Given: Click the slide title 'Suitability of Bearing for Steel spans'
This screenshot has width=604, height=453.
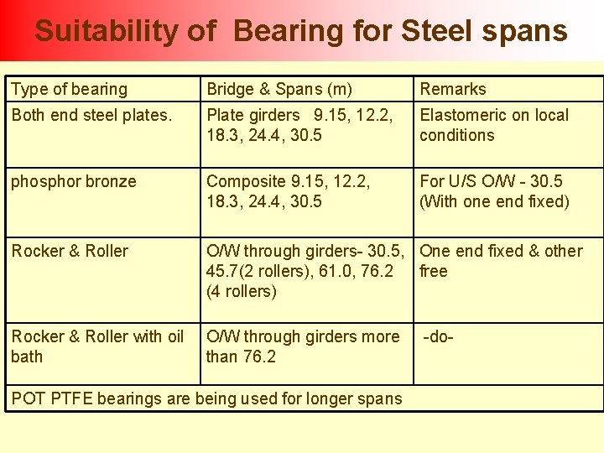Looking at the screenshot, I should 301,31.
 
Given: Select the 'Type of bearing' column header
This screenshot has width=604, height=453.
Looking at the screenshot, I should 70,89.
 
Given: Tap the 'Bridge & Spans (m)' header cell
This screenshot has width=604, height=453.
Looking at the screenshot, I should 279,89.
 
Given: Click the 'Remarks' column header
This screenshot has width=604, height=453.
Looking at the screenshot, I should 453,89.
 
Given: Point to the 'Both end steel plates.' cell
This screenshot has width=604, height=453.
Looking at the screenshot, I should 91,116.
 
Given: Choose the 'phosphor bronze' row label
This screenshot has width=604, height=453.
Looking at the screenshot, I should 74,181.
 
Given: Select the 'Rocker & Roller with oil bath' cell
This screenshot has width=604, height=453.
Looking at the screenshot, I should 97,346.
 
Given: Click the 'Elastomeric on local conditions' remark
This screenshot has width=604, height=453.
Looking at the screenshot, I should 494,125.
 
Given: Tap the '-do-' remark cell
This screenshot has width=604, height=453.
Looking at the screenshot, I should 438,336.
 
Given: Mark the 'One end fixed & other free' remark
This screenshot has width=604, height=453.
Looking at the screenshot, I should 501,261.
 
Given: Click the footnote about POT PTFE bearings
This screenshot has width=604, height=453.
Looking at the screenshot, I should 206,398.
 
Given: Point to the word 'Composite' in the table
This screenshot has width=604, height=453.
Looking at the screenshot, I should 241,181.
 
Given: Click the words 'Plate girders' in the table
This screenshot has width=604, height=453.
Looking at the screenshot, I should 253,116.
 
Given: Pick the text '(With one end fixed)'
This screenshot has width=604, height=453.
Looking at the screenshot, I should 494,201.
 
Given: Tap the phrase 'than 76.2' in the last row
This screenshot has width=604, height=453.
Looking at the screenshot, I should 242,357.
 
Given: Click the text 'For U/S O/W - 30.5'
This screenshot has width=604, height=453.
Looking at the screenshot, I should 491,181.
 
